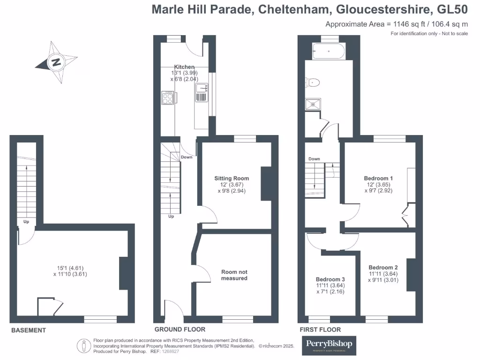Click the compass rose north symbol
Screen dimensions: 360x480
[x=56, y=62]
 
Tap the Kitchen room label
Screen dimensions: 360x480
[x=184, y=67]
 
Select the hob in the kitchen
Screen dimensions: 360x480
[x=168, y=98]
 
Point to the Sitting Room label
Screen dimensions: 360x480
[x=232, y=178]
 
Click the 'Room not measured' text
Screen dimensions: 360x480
[x=234, y=275]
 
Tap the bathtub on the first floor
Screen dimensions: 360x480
[x=328, y=51]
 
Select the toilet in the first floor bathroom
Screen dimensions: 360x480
[x=313, y=83]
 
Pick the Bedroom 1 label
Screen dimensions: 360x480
[x=378, y=178]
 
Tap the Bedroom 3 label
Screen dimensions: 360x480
[x=330, y=279]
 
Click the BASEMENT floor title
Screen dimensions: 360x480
[x=29, y=330]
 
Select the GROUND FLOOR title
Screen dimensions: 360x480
[x=180, y=330]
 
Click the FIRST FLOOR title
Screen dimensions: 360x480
[x=320, y=330]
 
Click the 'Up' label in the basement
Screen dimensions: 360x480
[x=26, y=221]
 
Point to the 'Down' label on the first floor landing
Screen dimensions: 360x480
[x=314, y=159]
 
